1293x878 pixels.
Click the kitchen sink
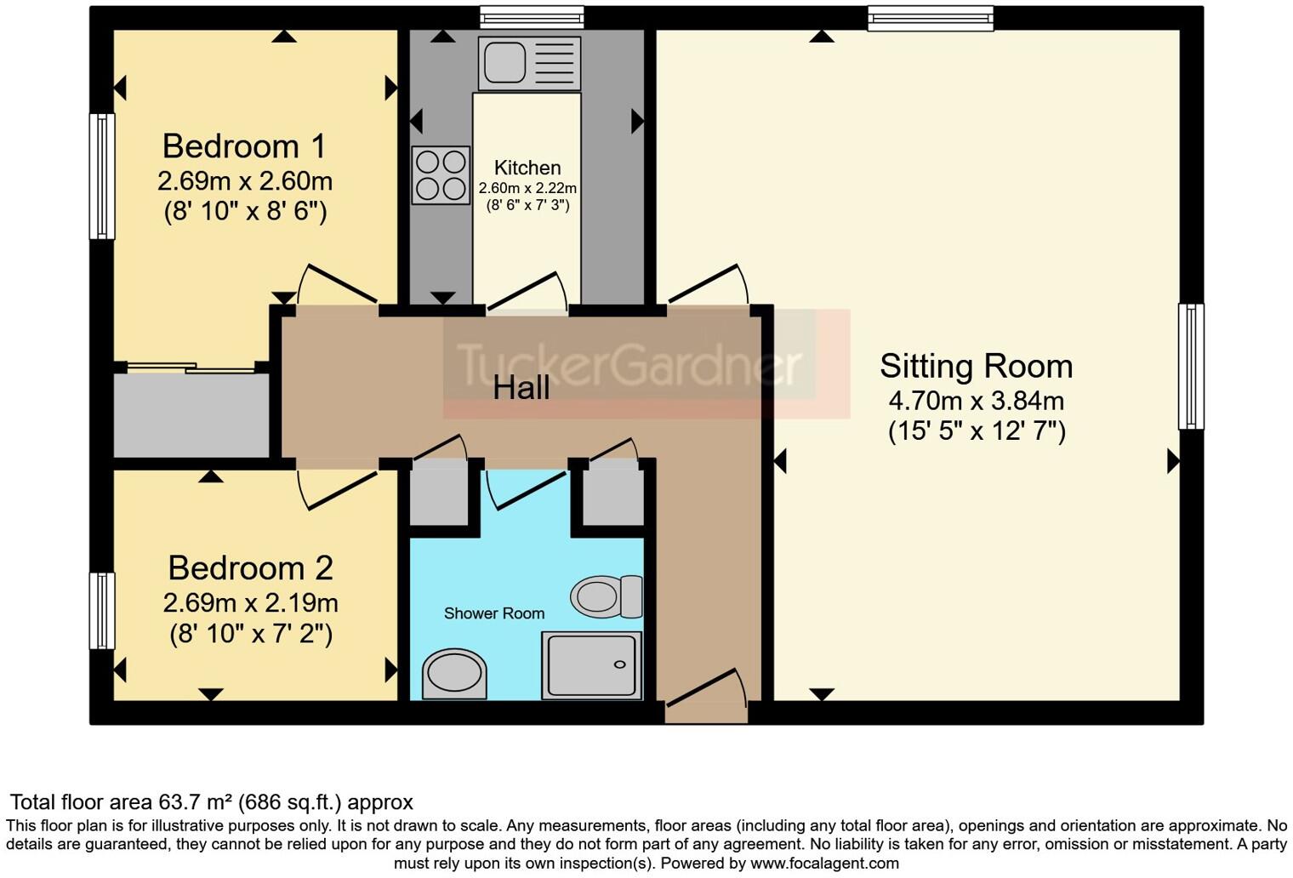(529, 63)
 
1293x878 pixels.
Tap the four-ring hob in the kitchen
(441, 175)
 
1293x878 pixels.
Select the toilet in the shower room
(606, 596)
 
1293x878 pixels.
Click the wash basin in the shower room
(454, 673)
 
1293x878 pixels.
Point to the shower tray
(591, 665)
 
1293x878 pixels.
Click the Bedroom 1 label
(244, 146)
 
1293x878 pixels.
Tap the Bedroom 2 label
(250, 567)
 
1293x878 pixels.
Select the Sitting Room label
(976, 366)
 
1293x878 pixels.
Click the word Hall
(521, 388)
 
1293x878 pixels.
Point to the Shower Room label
(493, 613)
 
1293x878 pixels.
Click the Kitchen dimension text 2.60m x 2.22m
(527, 188)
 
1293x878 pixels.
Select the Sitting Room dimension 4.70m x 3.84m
(976, 400)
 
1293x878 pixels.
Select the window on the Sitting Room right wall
(1190, 366)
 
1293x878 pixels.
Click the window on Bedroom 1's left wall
(102, 176)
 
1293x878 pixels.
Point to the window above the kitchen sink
(531, 17)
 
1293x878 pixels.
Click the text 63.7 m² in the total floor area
(197, 802)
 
